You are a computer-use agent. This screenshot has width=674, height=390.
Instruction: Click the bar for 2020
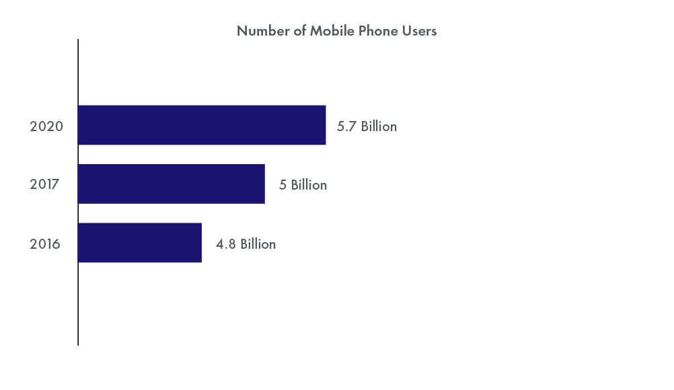[202, 125]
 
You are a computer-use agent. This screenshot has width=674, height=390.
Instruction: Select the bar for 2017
[172, 184]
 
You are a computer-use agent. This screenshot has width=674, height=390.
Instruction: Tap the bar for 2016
[140, 243]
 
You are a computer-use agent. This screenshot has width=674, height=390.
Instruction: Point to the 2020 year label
[46, 126]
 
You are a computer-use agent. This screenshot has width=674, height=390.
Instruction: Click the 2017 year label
[44, 185]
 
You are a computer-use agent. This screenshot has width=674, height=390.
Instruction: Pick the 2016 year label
[45, 244]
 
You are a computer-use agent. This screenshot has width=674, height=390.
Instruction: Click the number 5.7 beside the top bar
[346, 126]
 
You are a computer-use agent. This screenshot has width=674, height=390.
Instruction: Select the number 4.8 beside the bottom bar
[226, 244]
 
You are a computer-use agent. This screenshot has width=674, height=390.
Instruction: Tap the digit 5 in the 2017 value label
[283, 185]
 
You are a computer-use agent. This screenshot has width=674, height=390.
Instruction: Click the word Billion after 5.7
[379, 126]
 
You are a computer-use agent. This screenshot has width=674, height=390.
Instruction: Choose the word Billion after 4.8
[258, 244]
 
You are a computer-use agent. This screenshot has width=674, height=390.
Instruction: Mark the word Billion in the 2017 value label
[309, 185]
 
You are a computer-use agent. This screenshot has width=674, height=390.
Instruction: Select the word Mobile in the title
[331, 31]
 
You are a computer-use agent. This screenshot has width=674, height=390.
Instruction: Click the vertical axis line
[78, 303]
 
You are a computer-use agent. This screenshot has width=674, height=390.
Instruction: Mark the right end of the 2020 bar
[325, 125]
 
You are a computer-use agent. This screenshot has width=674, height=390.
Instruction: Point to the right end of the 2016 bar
[201, 243]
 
